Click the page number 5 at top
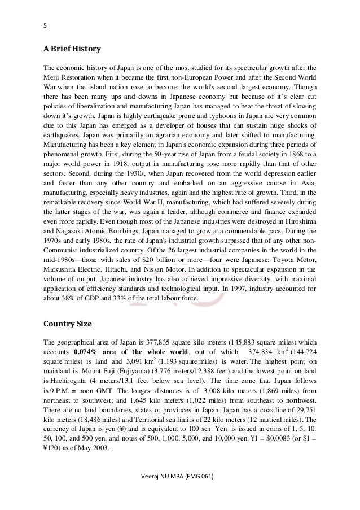(46, 24)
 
